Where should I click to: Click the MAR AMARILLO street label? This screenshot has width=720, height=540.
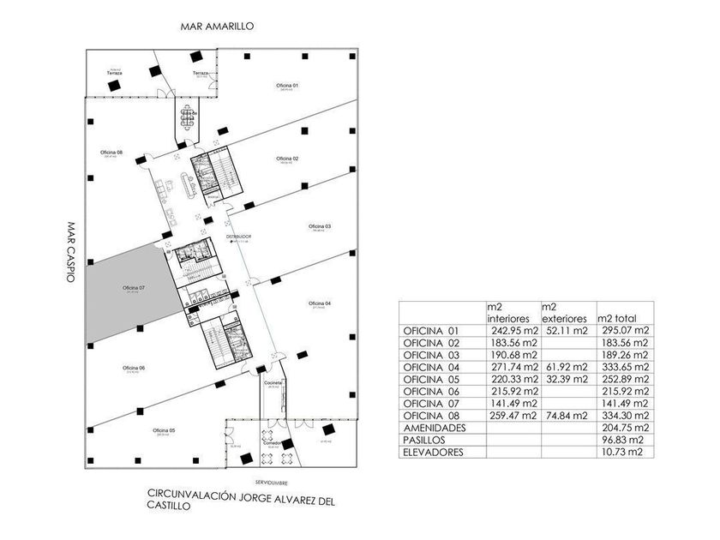(x=217, y=27)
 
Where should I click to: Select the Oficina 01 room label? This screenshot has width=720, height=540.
(x=286, y=87)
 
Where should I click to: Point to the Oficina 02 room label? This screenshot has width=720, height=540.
(x=287, y=159)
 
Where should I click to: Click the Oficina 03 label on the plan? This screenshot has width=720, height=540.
(x=320, y=225)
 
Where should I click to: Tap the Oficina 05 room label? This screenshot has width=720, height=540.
(x=164, y=429)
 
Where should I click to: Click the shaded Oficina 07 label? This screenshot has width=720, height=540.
(x=134, y=286)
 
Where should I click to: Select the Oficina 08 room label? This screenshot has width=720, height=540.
(x=112, y=153)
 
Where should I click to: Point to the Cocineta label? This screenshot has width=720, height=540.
(x=274, y=382)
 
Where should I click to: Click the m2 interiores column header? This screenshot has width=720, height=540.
(x=511, y=312)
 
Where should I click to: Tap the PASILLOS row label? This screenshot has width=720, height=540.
(x=426, y=439)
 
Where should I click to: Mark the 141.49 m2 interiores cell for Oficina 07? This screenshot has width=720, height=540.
(x=511, y=403)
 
